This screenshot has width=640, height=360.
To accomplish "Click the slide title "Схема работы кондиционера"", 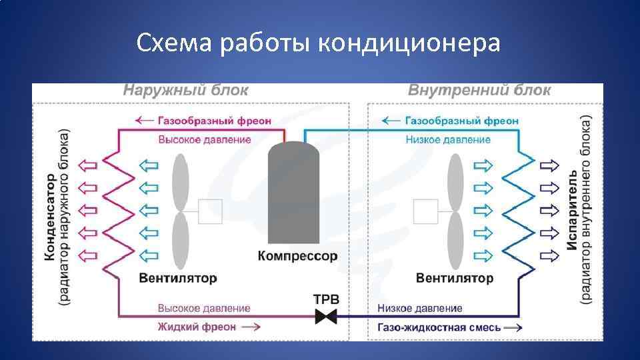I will pyautogui.click(x=318, y=44).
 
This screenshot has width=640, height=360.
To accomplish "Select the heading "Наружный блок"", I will pyautogui.click(x=185, y=91).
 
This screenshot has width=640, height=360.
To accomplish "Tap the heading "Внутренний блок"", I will pyautogui.click(x=479, y=91).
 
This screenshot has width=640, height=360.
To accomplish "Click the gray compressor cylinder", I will pyautogui.click(x=293, y=193).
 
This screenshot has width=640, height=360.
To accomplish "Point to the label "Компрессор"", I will pyautogui.click(x=297, y=256).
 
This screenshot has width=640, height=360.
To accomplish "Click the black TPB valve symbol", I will pyautogui.click(x=326, y=316).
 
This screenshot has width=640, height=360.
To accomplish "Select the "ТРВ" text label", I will pyautogui.click(x=326, y=299).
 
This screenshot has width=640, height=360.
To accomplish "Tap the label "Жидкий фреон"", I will pyautogui.click(x=197, y=327).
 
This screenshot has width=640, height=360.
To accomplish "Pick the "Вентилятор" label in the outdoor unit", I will pyautogui.click(x=179, y=277).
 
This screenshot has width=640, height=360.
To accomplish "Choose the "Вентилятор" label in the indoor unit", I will pyautogui.click(x=455, y=277).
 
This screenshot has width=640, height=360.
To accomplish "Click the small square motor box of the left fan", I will pyautogui.click(x=211, y=212).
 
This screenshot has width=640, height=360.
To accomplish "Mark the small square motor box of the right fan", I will pyautogui.click(x=425, y=212).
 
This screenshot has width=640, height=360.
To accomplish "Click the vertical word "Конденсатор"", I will pyautogui.click(x=50, y=217).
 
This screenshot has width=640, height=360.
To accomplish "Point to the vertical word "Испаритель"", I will pyautogui.click(x=572, y=210).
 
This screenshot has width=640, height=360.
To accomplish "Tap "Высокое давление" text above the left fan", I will pyautogui.click(x=205, y=139).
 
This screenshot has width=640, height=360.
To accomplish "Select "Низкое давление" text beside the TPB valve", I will pyautogui.click(x=420, y=309).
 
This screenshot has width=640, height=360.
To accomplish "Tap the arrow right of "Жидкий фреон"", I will pyautogui.click(x=251, y=327).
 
